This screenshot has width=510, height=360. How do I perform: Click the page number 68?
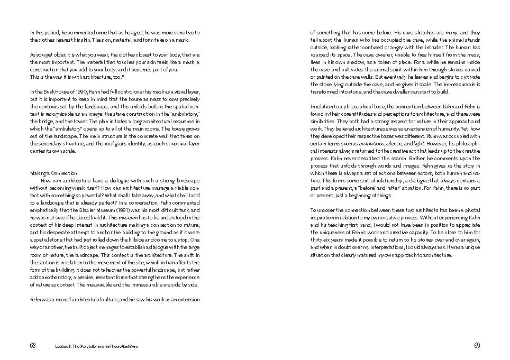pyautogui.click(x=33, y=345)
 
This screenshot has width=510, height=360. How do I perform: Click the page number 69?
pyautogui.click(x=477, y=345)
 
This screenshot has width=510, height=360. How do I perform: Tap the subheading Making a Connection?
pyautogui.click(x=53, y=173)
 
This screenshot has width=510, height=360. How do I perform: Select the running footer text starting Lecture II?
pyautogui.click(x=95, y=346)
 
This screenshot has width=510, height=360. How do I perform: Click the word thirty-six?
pyautogui.click(x=321, y=239)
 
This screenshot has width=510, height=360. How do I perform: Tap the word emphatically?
pyautogui.click(x=47, y=210)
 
